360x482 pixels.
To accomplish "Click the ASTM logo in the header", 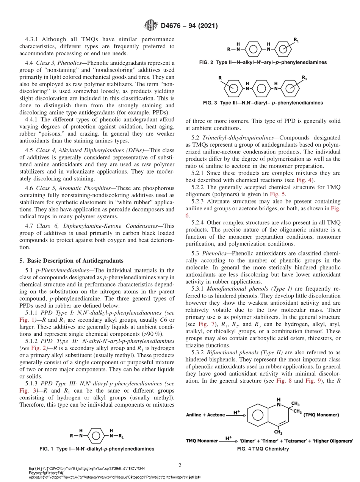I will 150,26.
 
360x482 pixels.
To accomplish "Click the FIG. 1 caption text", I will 97,449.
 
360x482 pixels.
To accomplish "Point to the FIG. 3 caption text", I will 263,103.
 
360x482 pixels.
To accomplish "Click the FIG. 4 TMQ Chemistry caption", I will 263,449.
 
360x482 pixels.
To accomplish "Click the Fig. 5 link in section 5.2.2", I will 281,194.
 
